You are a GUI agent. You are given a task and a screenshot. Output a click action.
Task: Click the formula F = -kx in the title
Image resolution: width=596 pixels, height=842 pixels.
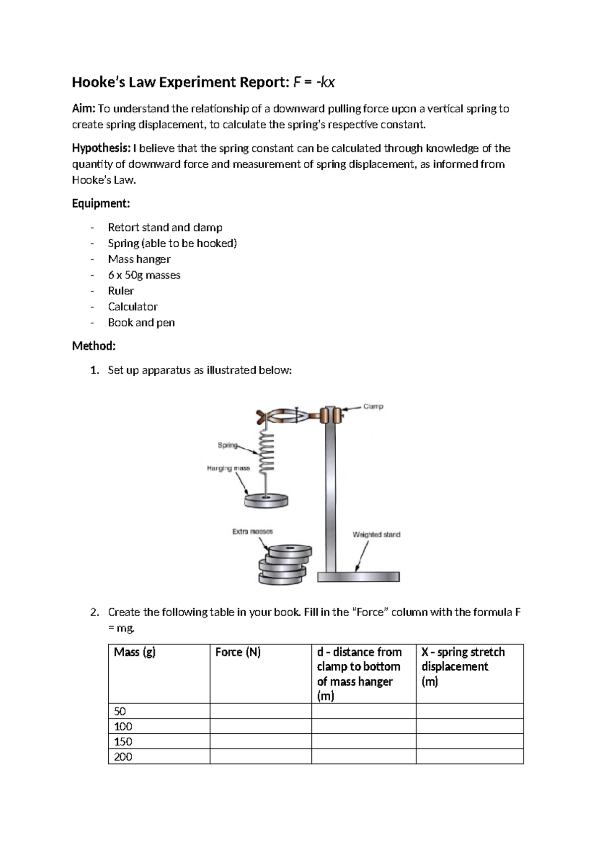click(314, 82)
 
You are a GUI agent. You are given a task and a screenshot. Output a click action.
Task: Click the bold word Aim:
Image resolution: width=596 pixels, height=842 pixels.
click(84, 109)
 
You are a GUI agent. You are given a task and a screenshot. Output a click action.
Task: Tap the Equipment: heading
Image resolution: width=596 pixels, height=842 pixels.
click(101, 204)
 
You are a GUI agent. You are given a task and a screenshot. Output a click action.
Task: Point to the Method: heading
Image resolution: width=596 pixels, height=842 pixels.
click(93, 346)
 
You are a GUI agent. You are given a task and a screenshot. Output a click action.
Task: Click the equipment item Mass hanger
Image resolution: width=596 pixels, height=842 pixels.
click(139, 259)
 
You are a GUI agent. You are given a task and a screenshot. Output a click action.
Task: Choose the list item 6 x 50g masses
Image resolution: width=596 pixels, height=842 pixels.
click(144, 275)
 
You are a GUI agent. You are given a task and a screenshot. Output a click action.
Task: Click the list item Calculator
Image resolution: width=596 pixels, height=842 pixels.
click(133, 307)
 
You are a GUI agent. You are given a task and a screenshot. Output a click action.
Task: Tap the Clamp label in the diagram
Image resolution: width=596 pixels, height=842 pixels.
click(373, 406)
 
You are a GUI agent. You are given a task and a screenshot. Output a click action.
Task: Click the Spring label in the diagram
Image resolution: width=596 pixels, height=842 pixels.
click(227, 445)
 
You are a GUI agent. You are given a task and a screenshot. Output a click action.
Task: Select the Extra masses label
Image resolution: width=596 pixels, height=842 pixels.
click(252, 531)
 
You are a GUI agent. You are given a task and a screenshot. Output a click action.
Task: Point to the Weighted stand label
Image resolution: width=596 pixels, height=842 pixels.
click(376, 535)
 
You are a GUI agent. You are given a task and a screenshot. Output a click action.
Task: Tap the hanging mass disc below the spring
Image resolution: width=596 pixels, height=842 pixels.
click(266, 500)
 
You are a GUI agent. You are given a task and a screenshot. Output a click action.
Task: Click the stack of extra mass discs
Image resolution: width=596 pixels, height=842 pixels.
click(283, 565)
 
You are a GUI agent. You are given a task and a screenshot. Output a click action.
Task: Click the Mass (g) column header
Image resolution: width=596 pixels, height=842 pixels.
click(135, 652)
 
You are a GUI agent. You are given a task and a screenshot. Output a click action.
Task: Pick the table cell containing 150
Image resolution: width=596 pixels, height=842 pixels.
click(123, 742)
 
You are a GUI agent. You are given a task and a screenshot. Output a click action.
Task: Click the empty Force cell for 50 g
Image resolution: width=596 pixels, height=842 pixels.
click(260, 711)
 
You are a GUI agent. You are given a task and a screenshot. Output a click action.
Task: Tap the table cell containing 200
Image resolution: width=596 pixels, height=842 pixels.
click(123, 757)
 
